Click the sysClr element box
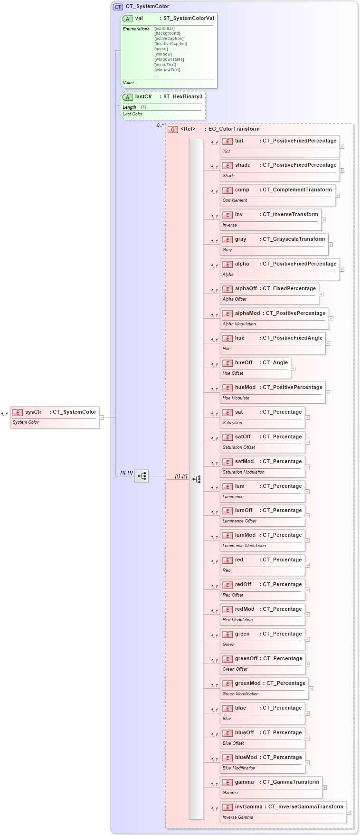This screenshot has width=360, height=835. point(55,417)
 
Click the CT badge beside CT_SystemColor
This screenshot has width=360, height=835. point(118,7)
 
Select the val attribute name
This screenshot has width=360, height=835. point(139,19)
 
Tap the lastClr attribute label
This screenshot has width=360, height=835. point(143,97)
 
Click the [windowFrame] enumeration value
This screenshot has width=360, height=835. point(169,59)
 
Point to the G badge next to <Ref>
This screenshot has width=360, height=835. point(173,129)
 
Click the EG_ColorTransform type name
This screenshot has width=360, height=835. point(234,129)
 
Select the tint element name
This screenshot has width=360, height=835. point(239,141)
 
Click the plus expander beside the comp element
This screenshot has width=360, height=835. point(338,195)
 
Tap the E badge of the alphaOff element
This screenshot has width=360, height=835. point(227,289)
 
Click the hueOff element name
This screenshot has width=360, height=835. point(244,363)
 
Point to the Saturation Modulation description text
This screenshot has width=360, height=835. point(243,472)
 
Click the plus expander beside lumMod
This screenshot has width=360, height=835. point(307,541)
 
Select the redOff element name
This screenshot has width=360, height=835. point(243,585)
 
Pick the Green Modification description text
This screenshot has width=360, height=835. point(240,694)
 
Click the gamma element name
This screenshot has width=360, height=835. point(244,782)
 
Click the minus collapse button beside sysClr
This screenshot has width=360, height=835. point(102,417)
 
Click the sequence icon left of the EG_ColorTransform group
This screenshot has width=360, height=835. point(142,475)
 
